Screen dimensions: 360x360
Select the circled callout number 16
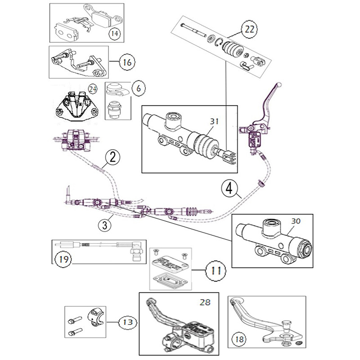(x=127, y=63)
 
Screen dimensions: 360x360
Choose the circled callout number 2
(x=113, y=157)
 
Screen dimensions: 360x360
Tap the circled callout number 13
(x=126, y=322)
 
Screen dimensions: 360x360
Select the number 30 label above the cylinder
(x=296, y=221)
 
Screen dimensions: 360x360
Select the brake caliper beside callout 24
(x=76, y=104)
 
